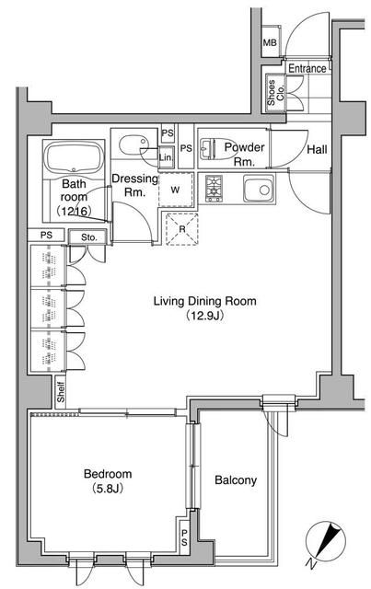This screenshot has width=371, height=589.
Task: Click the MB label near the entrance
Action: point(269,42)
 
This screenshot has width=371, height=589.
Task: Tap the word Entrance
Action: point(307,69)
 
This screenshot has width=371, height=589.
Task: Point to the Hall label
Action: point(317,149)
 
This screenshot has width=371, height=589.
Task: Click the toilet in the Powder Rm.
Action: point(213,148)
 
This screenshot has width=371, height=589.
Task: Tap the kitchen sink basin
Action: point(259,189)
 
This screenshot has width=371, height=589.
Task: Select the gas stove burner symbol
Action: point(214,189)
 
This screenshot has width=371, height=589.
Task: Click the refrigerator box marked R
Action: point(182,229)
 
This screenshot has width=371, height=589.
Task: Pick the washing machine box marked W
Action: point(175,190)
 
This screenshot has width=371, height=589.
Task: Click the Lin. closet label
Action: point(166,157)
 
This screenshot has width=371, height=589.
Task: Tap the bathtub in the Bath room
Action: point(74,157)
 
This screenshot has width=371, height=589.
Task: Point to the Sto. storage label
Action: point(88,237)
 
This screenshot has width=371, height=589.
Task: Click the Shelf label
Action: point(61,392)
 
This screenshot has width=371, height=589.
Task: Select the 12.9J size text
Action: point(205,316)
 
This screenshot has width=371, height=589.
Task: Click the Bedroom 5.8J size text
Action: point(108,489)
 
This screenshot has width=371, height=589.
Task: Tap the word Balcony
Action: point(236,480)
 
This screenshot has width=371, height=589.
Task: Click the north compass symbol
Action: point(326,543)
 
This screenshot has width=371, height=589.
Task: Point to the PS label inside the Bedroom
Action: point(184,537)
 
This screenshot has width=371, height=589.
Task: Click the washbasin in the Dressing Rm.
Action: point(134,145)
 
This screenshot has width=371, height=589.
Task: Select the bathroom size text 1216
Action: point(75,212)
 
